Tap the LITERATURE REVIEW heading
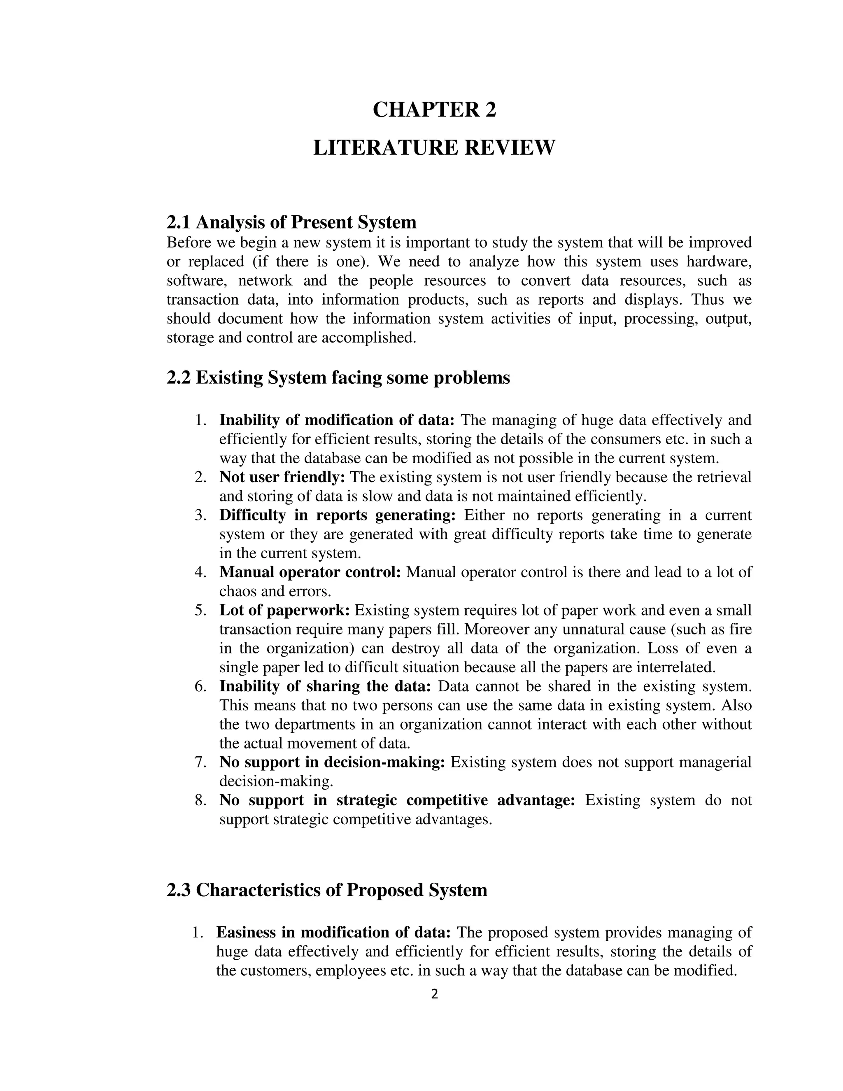[x=434, y=148]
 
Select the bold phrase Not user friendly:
[x=282, y=477]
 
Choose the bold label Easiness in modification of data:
[x=333, y=932]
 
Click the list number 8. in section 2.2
[x=201, y=800]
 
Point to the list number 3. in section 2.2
[x=201, y=515]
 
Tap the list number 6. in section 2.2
[x=201, y=686]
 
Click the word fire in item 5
[x=742, y=629]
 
